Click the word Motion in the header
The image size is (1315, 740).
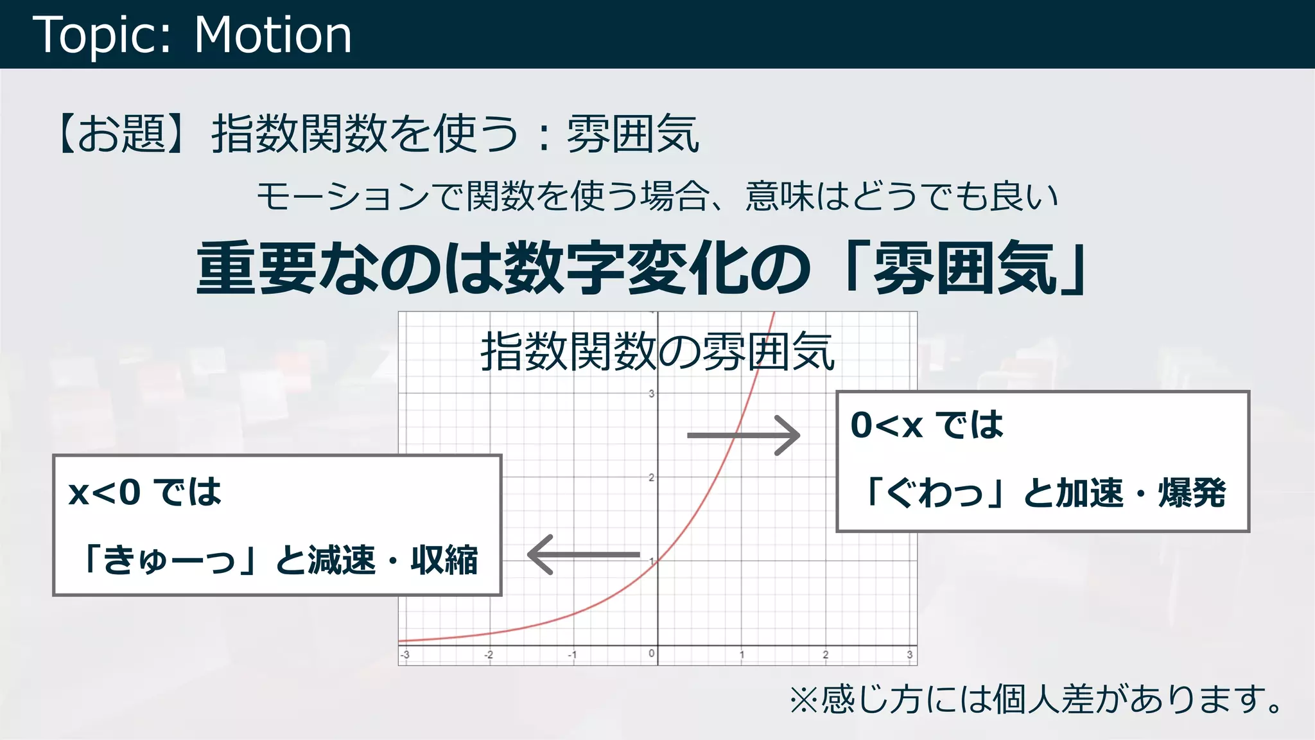273,35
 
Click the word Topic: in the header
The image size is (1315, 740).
103,35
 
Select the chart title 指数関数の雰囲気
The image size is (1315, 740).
657,352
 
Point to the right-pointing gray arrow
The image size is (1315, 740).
744,436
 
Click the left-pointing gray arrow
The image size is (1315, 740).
583,554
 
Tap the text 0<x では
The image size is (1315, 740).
927,425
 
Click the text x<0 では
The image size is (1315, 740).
145,493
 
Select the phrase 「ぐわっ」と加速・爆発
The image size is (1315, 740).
1043,493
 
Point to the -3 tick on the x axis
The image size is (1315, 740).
405,655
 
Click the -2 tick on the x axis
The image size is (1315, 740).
489,655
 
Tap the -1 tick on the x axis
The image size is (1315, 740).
572,655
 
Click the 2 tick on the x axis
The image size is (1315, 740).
825,655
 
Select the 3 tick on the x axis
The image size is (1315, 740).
909,655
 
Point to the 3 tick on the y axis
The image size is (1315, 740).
651,394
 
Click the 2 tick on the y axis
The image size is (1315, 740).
651,477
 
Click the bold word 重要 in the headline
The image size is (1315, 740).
257,269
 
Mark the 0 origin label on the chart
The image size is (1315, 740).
651,653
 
